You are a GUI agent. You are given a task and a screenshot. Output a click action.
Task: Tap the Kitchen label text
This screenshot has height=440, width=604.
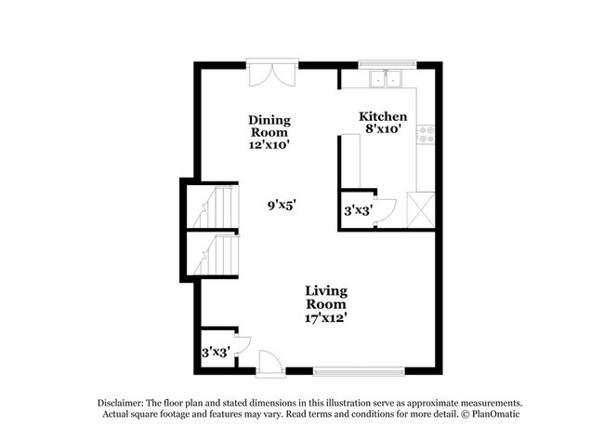383,116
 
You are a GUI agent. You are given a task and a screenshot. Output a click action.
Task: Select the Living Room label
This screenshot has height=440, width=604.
326,298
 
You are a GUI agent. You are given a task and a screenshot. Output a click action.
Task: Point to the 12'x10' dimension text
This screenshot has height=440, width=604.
269,145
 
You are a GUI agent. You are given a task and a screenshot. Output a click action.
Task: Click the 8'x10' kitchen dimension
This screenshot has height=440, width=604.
383,129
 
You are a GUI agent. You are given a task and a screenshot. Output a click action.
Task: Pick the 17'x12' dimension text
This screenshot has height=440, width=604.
326,318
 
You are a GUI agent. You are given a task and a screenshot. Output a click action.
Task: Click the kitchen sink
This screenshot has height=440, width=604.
386,79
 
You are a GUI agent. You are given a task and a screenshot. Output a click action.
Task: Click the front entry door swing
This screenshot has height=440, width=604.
268,361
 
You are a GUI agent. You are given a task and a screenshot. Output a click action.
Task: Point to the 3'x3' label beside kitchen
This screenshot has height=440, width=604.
358,211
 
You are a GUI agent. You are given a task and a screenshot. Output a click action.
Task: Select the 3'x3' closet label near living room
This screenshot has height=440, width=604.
216,353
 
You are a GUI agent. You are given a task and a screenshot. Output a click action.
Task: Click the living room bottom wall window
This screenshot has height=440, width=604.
353,371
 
